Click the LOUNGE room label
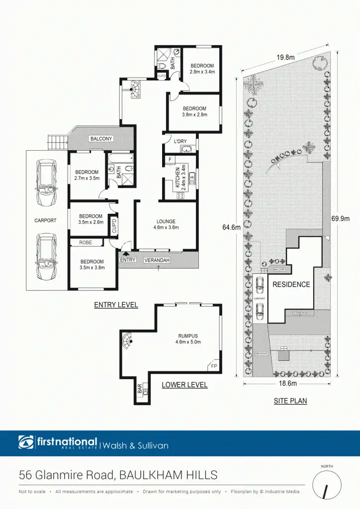pos(166,222)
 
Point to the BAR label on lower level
pos(140,387)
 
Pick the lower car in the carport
pos(45,257)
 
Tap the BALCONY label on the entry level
pos(101,139)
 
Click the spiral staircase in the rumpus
pos(128,341)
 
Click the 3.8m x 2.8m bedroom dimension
pos(194,115)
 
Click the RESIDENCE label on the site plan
pos(291,285)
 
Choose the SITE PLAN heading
pos(290,401)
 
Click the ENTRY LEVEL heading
pos(116,305)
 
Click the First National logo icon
pos(26,442)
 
